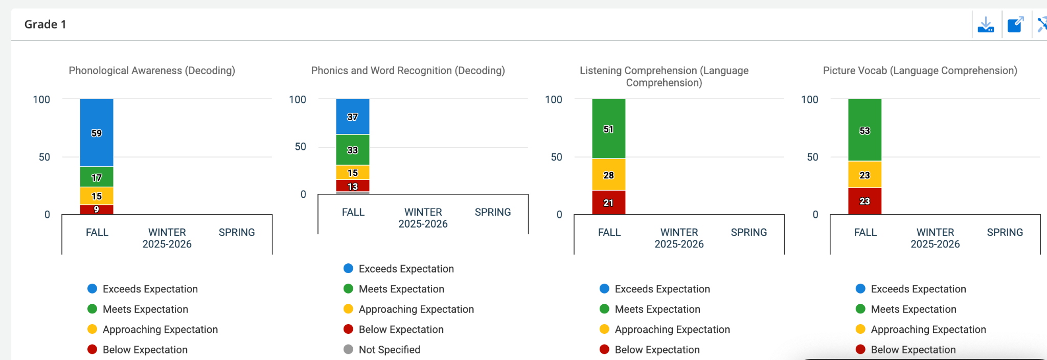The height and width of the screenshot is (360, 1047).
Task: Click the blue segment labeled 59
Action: point(97,133)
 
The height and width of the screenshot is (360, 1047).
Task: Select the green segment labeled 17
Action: point(97,177)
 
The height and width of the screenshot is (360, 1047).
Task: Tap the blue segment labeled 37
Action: point(353,117)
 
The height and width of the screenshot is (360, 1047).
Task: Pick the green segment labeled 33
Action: point(353,150)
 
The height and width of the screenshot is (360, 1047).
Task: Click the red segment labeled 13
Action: point(353,186)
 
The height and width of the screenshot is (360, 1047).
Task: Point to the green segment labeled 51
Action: point(608,129)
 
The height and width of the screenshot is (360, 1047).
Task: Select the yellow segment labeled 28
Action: point(608,175)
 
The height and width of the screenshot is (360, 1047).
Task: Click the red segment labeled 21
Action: point(608,202)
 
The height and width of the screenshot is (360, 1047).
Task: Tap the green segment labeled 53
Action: point(864,130)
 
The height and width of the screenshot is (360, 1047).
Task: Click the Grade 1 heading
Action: point(45,25)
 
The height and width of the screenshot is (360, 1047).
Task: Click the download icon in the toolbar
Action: point(986,25)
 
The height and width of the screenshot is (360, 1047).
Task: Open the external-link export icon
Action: point(1015,25)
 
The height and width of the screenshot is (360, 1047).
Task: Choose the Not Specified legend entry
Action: point(389,350)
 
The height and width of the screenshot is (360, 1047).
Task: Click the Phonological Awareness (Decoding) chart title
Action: point(152,71)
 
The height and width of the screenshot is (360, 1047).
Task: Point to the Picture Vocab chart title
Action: point(920,71)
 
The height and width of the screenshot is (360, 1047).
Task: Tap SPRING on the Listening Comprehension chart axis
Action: point(748,232)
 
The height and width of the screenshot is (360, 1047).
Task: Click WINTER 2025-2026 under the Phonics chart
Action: point(423,218)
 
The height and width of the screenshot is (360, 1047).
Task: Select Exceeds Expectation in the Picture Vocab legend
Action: point(918,289)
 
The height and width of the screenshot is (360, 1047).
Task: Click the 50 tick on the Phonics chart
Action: point(301,147)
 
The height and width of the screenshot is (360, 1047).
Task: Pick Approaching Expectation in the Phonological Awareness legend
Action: point(160,329)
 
